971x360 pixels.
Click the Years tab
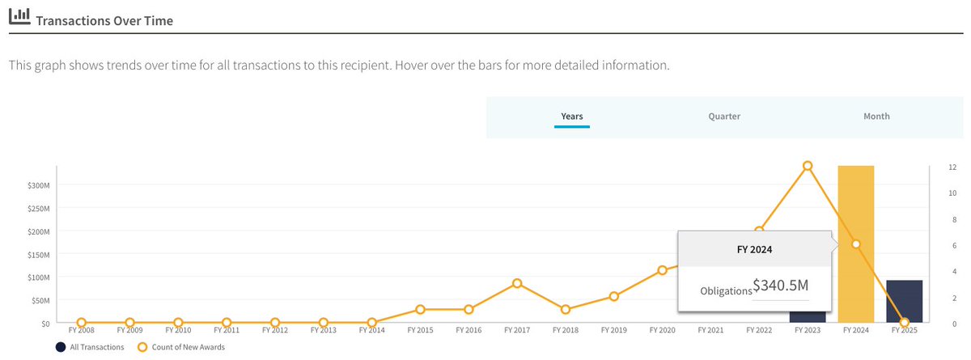pyautogui.click(x=572, y=116)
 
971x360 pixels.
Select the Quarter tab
pyautogui.click(x=724, y=116)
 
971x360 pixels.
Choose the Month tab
pyautogui.click(x=876, y=116)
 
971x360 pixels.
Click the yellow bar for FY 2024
pyautogui.click(x=855, y=202)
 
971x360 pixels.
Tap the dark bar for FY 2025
pyautogui.click(x=904, y=301)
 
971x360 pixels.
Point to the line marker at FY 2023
pyautogui.click(x=808, y=166)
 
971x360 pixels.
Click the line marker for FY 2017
pyautogui.click(x=517, y=283)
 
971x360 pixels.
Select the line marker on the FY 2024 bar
pyautogui.click(x=855, y=244)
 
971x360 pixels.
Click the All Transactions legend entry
pyautogui.click(x=90, y=347)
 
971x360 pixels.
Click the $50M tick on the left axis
pyautogui.click(x=40, y=300)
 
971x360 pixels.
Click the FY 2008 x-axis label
pyautogui.click(x=81, y=330)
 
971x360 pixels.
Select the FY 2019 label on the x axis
pyautogui.click(x=614, y=330)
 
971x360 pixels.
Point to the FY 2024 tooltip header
pyautogui.click(x=755, y=249)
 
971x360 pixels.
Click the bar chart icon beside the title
pyautogui.click(x=19, y=16)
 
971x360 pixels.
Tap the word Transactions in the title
pyautogui.click(x=71, y=19)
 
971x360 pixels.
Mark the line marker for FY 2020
pyautogui.click(x=662, y=270)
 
